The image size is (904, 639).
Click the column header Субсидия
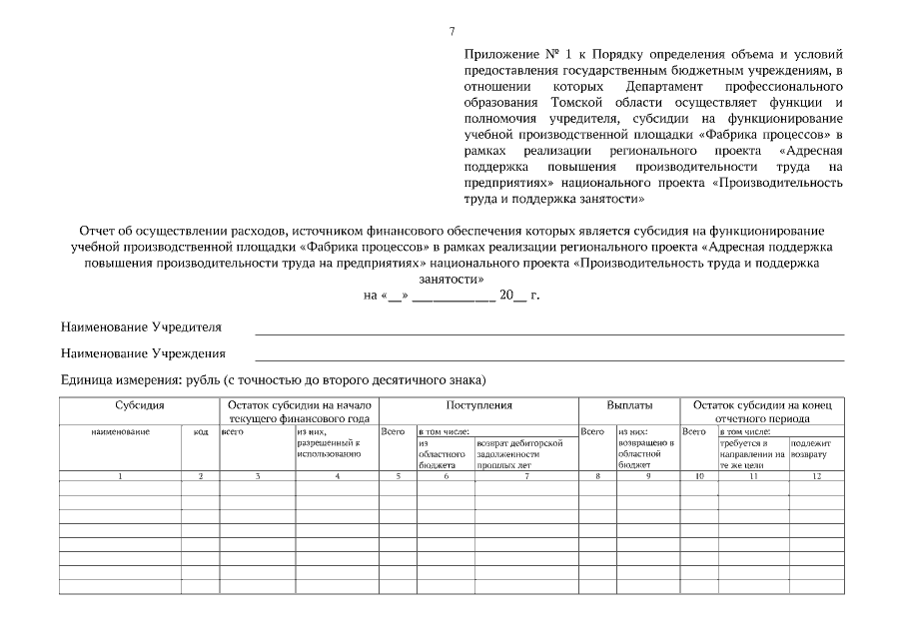tap(139, 406)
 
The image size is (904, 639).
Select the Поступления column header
tap(478, 406)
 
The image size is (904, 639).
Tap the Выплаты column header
tap(629, 406)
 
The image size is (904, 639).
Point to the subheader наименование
tap(120, 431)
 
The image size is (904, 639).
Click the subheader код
tap(201, 431)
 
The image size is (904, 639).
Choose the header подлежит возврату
tap(810, 447)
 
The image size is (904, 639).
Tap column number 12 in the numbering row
tap(816, 476)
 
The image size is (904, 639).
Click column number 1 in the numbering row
tap(120, 476)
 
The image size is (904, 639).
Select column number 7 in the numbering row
tap(526, 476)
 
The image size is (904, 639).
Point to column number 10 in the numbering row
tap(698, 476)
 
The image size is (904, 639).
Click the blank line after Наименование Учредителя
tap(549, 331)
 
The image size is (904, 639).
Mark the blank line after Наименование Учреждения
tap(549, 357)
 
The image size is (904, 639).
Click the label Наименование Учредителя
tap(141, 327)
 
